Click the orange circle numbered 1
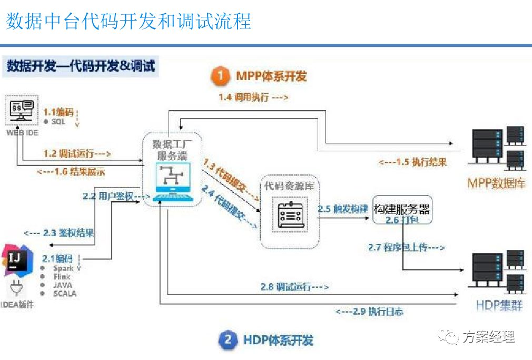220,76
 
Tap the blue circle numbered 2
228,339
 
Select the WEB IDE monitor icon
22,111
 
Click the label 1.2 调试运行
77,154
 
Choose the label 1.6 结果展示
71,171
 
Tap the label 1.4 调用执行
253,97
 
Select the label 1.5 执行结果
412,162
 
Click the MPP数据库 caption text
496,183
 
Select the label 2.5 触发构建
342,209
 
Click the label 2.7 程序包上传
406,247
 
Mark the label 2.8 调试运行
294,287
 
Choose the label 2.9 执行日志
369,311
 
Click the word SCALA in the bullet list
65,294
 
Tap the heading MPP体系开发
271,76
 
